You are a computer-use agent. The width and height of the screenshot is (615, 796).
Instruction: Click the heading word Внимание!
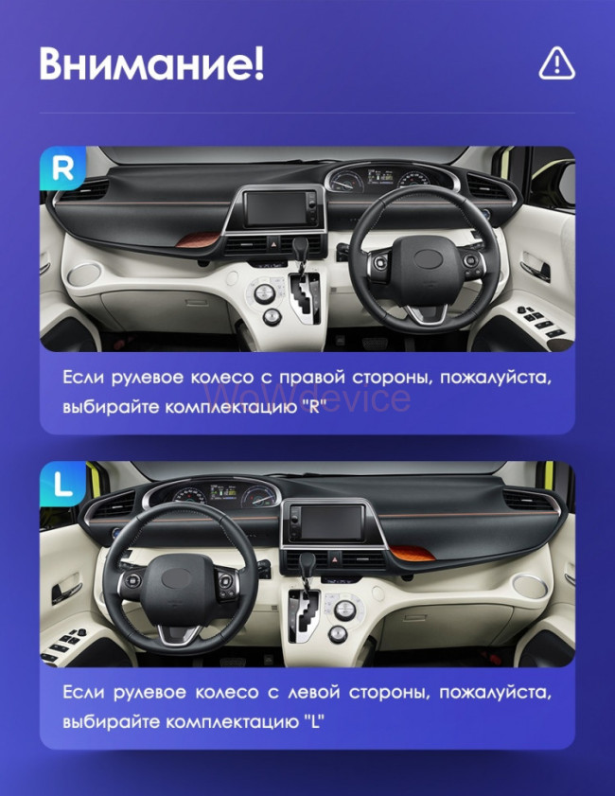pos(151,64)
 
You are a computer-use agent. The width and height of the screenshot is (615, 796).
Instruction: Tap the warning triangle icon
pos(556,63)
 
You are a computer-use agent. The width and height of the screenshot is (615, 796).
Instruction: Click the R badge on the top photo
pos(62,168)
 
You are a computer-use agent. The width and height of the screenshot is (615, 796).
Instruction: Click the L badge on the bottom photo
pos(62,484)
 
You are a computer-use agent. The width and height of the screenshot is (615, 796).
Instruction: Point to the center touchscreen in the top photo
pos(276,208)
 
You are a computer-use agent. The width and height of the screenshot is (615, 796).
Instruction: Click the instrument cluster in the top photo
pos(385,178)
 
